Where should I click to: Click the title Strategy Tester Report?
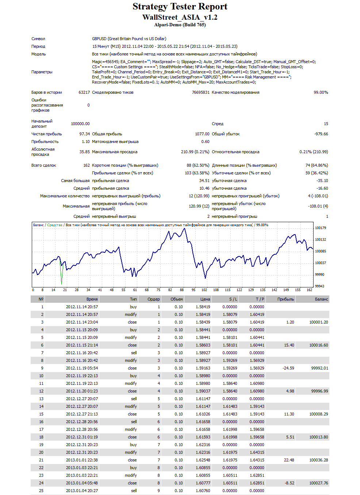coord(180,7)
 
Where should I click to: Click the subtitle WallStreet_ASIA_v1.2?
coord(180,17)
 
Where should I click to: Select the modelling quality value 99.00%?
coord(321,92)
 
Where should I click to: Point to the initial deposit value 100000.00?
coord(80,124)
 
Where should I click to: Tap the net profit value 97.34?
coord(84,134)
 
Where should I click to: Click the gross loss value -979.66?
coord(321,134)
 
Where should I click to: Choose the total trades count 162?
coord(87,165)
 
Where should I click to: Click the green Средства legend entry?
coord(55,225)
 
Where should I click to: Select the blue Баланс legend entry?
coord(38,225)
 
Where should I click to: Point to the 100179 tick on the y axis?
coord(321,228)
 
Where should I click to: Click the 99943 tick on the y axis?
coord(319,286)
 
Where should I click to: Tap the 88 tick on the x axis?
coord(182,290)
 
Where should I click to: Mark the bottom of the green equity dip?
coord(61,284)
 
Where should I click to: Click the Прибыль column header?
coord(286,299)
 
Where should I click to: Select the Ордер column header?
coord(153,299)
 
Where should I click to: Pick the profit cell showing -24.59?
coord(288,368)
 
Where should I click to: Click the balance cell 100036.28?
coord(319,460)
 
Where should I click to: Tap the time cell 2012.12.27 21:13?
coord(82,414)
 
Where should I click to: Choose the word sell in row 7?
coord(134,353)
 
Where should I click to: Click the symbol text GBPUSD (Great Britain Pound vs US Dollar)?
coord(129,39)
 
